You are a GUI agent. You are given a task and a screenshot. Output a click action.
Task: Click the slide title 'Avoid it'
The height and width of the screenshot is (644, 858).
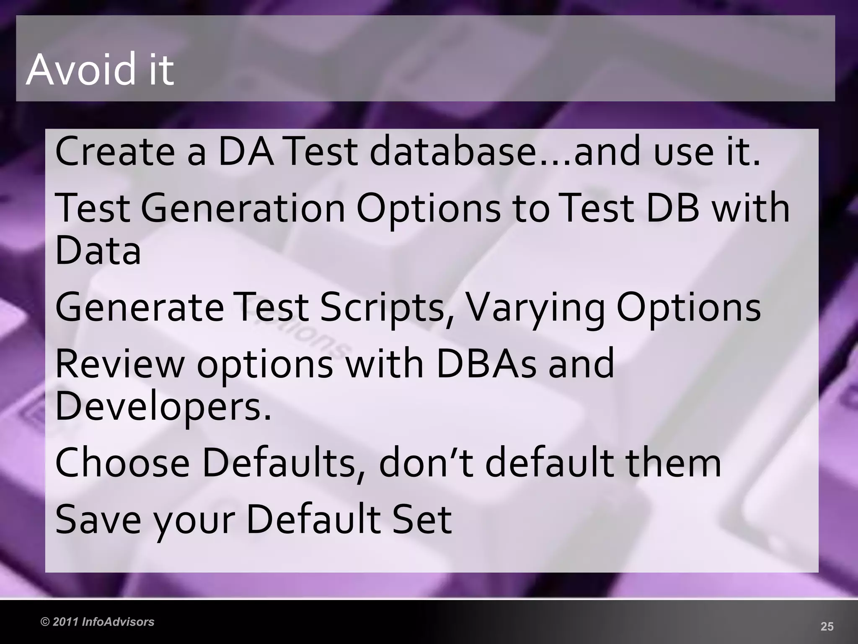pos(100,69)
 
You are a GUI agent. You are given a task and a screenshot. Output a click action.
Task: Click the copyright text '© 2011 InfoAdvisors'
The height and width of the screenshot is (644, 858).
pos(97,622)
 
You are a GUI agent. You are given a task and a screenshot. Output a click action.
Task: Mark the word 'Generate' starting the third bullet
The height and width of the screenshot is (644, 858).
pos(140,307)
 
